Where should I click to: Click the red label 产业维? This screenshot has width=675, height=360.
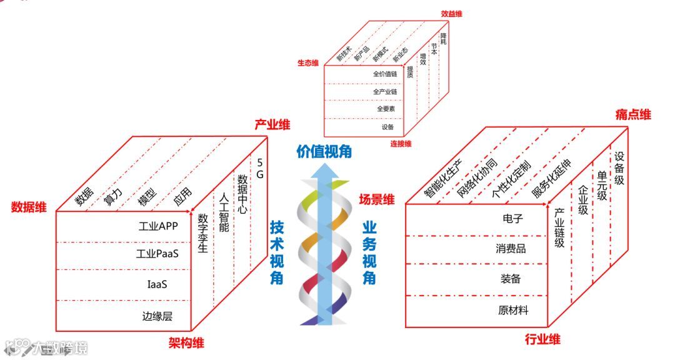272,125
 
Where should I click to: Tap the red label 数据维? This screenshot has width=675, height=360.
29,207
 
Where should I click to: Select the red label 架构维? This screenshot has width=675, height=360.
186,342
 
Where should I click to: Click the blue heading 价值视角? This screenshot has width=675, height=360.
324,151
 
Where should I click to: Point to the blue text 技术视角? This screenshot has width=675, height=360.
277,252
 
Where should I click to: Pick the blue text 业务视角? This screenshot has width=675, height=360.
369,252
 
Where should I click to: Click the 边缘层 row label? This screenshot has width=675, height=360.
157,316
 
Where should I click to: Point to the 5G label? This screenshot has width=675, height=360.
260,168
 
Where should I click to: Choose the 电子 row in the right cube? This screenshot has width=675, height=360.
512,219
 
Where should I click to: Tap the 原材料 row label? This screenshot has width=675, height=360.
513,310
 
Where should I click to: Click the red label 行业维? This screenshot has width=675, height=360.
542,340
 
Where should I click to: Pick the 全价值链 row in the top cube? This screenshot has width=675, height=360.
385,74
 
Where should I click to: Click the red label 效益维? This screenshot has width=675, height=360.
452,13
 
